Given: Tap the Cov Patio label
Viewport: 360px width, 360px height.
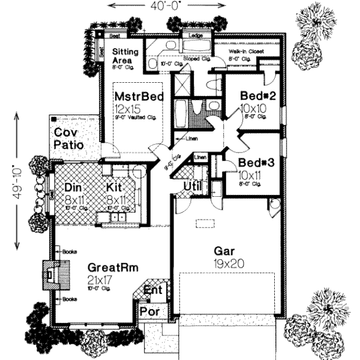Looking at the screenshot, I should click(68, 139).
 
